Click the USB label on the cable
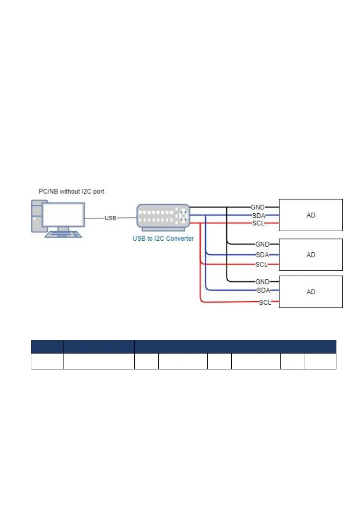[x=111, y=218]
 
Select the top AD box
[x=311, y=215]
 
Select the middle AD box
[x=311, y=254]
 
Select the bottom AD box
[x=311, y=292]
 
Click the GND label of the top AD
[x=257, y=207]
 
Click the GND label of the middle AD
[x=262, y=244]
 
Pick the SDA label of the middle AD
[x=262, y=255]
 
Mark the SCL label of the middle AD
[x=261, y=264]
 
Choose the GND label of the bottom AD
[x=262, y=281]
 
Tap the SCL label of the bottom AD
[x=265, y=302]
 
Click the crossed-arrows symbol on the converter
[x=183, y=215]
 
